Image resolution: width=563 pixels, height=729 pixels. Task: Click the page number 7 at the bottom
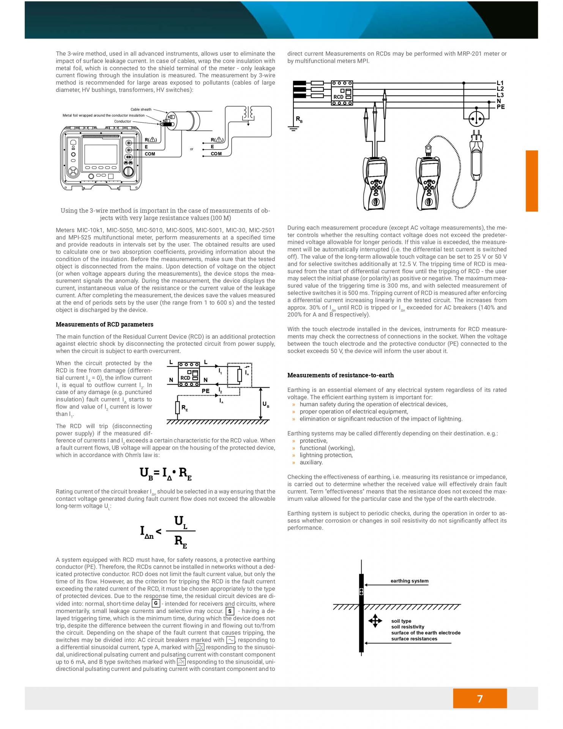479,699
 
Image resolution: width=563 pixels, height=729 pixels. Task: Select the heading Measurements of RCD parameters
104,324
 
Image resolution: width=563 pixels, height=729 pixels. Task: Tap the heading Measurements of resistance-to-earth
340,375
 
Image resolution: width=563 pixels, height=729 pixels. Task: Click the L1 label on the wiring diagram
500,83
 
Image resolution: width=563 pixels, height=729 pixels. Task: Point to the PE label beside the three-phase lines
501,107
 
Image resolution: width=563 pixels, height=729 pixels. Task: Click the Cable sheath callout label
141,109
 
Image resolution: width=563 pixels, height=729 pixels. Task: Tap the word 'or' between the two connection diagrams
192,149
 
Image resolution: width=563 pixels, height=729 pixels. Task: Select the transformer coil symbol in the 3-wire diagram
248,113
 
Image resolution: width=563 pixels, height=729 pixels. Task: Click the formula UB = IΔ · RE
166,473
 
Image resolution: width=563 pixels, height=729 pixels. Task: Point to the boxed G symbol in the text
155,603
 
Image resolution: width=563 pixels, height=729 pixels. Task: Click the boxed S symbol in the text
230,611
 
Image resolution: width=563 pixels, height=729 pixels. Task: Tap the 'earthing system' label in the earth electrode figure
409,581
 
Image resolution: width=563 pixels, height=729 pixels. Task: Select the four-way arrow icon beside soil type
375,621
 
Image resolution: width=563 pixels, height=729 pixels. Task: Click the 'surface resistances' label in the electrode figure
414,639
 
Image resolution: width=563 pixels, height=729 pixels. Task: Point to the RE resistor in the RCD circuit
177,408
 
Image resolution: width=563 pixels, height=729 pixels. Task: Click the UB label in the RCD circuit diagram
265,404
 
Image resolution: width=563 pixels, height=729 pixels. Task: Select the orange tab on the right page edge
531,181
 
